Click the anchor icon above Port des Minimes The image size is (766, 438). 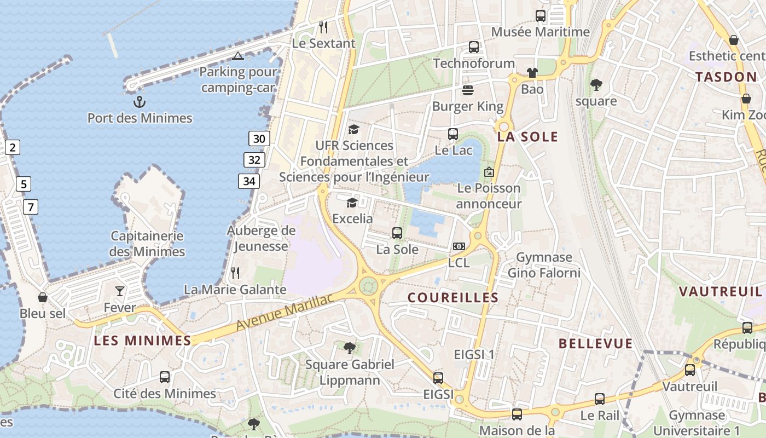[x=140, y=102]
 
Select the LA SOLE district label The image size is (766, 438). [x=527, y=137]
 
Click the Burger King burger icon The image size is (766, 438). [x=467, y=90]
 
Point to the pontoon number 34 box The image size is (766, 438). [x=248, y=181]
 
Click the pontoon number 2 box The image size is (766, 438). [x=13, y=147]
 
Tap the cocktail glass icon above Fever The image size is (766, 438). [x=120, y=291]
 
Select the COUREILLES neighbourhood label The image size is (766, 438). [x=453, y=298]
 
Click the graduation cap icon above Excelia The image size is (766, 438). [x=352, y=203]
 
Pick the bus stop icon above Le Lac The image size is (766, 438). [x=452, y=134]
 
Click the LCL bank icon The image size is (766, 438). [x=459, y=247]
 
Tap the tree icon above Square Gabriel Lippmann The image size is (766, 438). [x=349, y=348]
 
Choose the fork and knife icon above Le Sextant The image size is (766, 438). [x=323, y=27]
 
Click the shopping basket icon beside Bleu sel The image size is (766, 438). [x=43, y=297]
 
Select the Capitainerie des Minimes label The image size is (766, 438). [x=147, y=244]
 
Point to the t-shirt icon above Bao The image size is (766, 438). [x=532, y=72]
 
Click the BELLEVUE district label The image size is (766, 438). [x=595, y=344]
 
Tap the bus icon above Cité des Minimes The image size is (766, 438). [x=164, y=377]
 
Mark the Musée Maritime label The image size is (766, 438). [x=540, y=32]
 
